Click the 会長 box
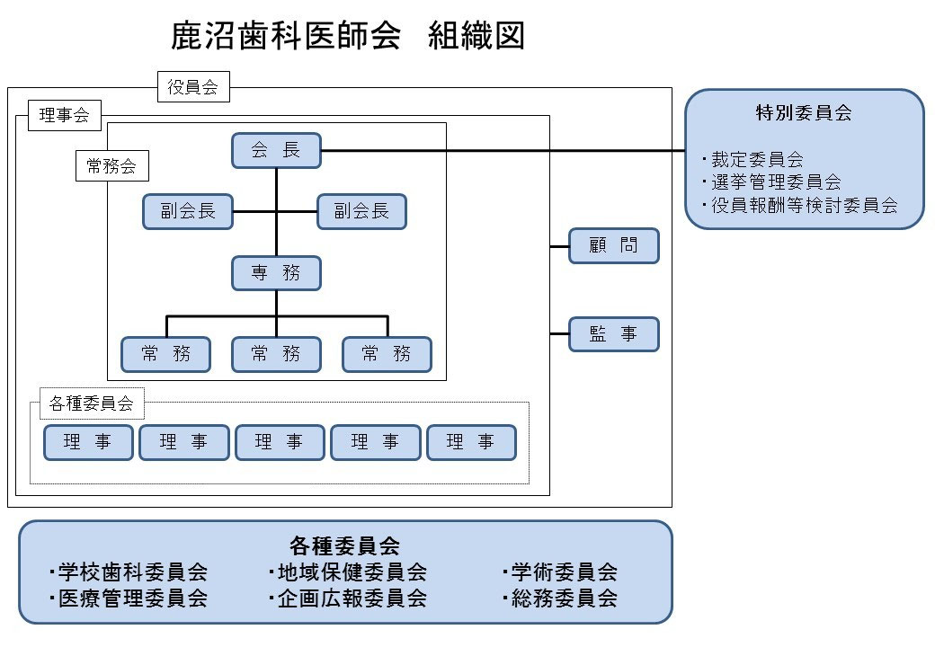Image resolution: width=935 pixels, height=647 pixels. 276,151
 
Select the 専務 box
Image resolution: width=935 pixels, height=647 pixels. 276,273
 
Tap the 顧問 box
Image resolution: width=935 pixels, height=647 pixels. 614,245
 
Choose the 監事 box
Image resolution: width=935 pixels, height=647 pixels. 614,334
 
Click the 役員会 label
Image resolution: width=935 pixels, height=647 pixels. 193,87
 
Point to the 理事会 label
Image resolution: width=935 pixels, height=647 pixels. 65,115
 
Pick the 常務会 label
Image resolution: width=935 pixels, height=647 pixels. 111,165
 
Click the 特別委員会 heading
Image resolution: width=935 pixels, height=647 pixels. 804,113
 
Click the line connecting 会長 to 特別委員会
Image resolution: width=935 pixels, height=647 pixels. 503,151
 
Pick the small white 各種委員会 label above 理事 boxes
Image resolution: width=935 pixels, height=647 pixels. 91,404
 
